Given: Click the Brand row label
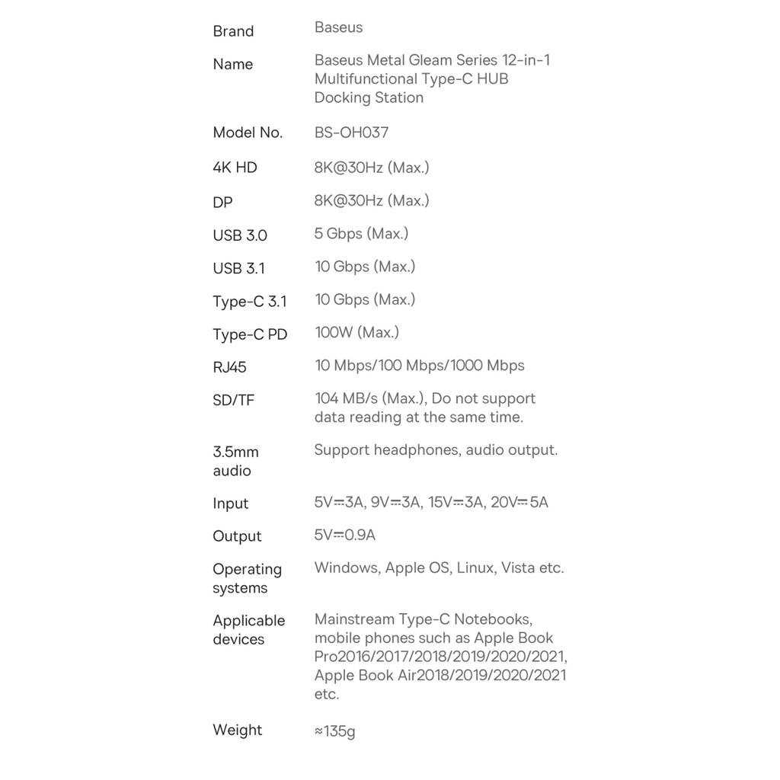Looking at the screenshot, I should (x=233, y=31).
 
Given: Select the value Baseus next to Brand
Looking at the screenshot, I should (x=338, y=27).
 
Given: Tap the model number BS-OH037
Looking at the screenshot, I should (x=351, y=133).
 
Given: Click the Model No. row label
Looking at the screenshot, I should (x=248, y=133).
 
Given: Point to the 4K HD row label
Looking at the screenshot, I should (x=235, y=168).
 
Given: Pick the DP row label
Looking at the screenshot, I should (x=222, y=203).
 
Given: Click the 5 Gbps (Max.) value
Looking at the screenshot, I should (x=361, y=234).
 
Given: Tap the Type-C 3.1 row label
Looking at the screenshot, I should (x=250, y=302).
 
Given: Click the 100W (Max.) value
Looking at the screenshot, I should (x=356, y=332).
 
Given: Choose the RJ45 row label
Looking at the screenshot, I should (x=229, y=367).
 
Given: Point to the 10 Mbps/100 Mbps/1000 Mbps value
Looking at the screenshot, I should (x=419, y=366).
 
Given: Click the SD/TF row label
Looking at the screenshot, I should (x=233, y=400).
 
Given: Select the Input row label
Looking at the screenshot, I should (x=230, y=503).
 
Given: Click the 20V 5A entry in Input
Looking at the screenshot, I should (x=519, y=503).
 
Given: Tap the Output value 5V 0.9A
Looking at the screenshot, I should (x=344, y=535).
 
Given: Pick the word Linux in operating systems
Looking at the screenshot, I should (x=475, y=568).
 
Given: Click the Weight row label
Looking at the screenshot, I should (x=237, y=730).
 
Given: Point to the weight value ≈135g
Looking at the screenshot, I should (x=334, y=732).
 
